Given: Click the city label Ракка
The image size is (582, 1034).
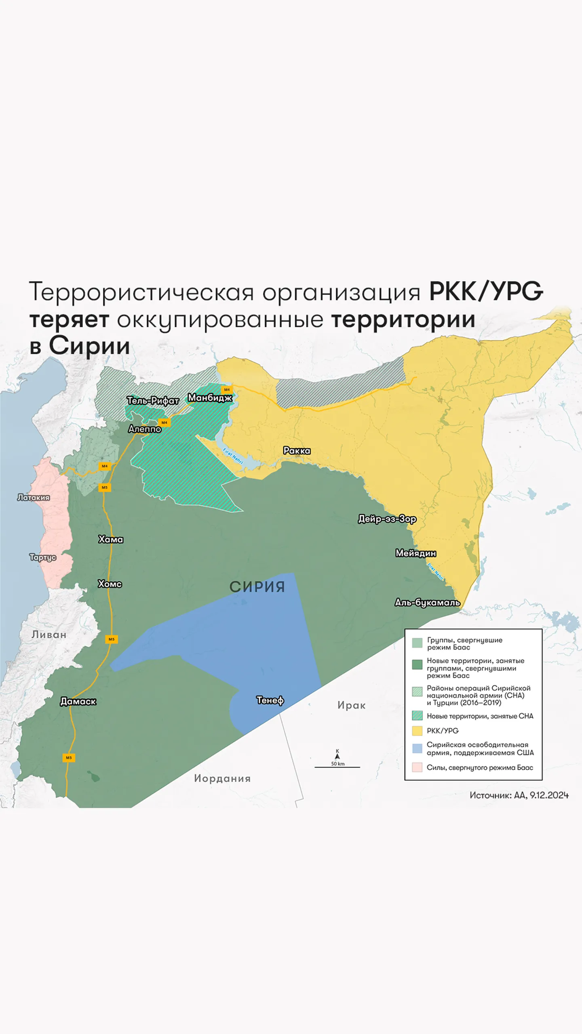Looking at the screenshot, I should [297, 450].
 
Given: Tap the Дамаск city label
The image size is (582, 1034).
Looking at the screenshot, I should [78, 702].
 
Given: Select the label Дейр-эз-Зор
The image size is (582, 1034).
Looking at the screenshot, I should [387, 519].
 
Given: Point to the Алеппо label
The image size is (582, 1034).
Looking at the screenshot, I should [145, 429].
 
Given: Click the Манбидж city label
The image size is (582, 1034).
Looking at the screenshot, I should [210, 398].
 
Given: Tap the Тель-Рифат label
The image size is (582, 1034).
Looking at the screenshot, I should [153, 401].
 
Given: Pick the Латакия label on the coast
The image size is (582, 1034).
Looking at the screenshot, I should [34, 498].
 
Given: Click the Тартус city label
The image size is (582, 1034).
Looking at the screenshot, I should [42, 557].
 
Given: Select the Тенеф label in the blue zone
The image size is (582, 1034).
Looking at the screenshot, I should [270, 700].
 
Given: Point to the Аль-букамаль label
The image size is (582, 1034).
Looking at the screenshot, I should [427, 603].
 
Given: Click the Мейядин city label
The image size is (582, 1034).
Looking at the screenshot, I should [415, 553].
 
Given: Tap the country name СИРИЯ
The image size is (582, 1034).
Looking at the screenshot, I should [257, 587].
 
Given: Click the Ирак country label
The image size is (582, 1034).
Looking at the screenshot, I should [351, 706].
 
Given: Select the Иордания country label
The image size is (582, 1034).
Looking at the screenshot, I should [222, 779].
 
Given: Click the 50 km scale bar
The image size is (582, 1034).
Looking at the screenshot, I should [337, 766].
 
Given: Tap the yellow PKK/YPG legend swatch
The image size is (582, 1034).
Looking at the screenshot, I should [417, 731].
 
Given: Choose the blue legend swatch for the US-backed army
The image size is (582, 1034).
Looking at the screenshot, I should [417, 748].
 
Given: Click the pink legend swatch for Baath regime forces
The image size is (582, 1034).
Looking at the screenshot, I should [417, 767].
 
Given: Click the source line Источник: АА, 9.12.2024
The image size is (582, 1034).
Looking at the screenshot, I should [519, 795].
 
